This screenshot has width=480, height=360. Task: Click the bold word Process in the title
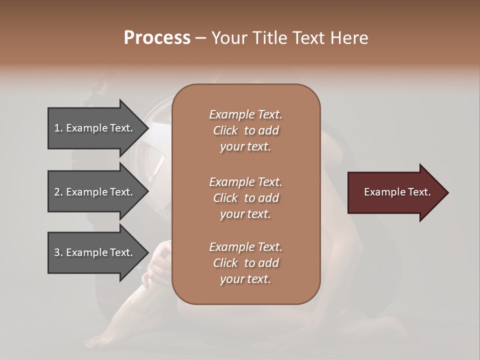click(157, 38)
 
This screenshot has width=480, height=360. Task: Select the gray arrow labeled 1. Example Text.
click(95, 128)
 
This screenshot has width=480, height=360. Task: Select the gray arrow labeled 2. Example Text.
click(95, 192)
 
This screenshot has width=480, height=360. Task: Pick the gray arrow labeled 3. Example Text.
click(95, 252)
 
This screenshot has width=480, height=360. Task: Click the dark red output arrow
click(395, 192)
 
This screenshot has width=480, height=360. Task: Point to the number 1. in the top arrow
click(58, 128)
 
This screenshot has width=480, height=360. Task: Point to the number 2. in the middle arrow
click(58, 192)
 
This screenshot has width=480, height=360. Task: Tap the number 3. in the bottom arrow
click(58, 252)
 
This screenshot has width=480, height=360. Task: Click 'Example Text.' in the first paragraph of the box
click(245, 114)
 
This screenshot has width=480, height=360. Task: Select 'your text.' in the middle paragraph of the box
click(245, 214)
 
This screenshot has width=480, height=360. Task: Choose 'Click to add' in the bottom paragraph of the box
click(245, 263)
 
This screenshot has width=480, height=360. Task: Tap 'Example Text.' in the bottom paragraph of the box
click(245, 247)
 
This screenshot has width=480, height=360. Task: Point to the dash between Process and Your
click(201, 38)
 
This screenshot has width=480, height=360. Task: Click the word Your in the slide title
click(228, 38)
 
